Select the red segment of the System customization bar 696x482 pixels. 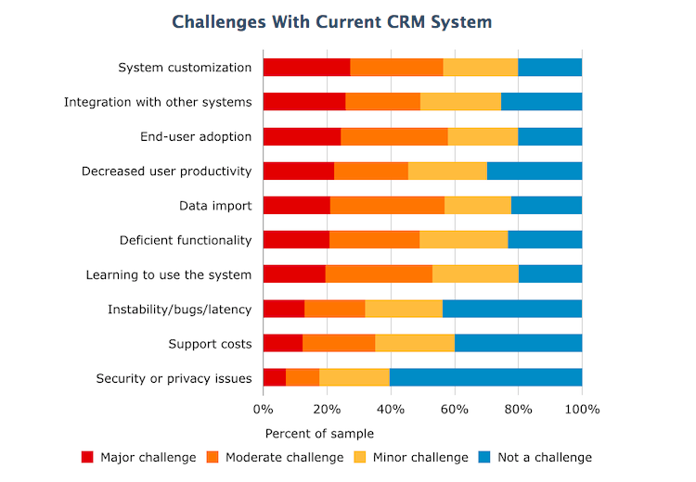306,68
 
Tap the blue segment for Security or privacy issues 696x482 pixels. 485,378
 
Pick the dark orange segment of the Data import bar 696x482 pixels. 387,206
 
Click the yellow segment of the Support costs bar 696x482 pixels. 415,344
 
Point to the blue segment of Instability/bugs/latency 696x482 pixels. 512,310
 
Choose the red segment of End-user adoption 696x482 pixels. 302,136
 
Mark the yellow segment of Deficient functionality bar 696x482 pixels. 463,240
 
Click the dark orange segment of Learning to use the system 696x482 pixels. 379,274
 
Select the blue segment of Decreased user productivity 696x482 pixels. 535,171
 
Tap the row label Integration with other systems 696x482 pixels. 158,102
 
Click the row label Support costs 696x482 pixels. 210,344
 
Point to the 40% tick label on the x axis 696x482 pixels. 391,408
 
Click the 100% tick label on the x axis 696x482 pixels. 581,408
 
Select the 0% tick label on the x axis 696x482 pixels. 264,408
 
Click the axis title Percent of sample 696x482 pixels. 319,433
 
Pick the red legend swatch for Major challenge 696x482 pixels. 87,457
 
